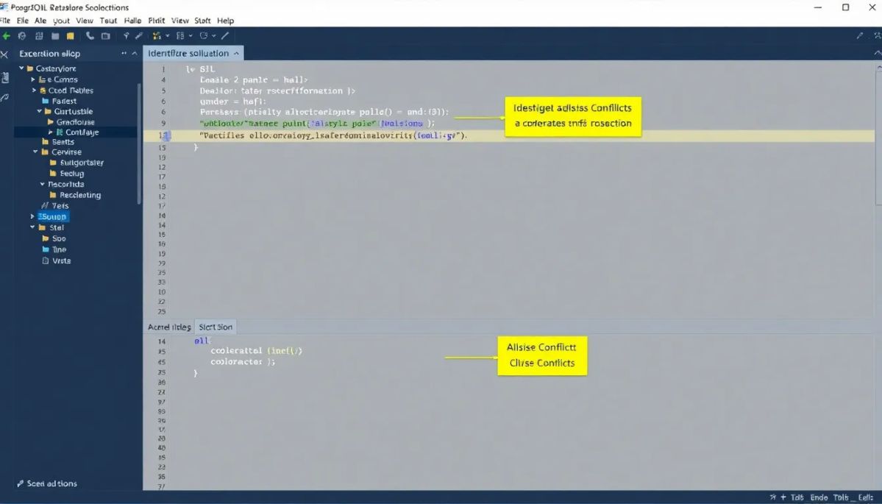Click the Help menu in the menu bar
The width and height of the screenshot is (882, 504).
[x=225, y=21]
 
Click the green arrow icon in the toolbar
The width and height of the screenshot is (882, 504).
[x=6, y=35]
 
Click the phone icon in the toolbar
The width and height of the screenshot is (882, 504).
[x=90, y=35]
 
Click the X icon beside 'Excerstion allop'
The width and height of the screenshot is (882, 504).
[x=5, y=54]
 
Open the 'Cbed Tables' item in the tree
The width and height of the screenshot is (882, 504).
[x=71, y=90]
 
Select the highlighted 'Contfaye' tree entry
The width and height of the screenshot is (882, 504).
[x=82, y=132]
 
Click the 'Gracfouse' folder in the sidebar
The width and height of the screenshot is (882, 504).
[x=75, y=122]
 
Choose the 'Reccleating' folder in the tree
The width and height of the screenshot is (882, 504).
[x=79, y=195]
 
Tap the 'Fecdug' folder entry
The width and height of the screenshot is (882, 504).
[x=71, y=174]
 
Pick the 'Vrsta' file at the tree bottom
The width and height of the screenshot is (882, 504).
[x=61, y=260]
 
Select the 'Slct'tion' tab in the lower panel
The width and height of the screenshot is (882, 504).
[x=216, y=327]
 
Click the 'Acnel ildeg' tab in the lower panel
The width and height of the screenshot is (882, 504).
[x=169, y=327]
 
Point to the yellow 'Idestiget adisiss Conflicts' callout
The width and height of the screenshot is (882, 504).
[x=572, y=116]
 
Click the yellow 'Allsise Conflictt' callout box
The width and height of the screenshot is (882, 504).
[x=542, y=355]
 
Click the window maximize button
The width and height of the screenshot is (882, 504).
[x=845, y=7]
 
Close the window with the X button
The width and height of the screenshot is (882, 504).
[x=870, y=7]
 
